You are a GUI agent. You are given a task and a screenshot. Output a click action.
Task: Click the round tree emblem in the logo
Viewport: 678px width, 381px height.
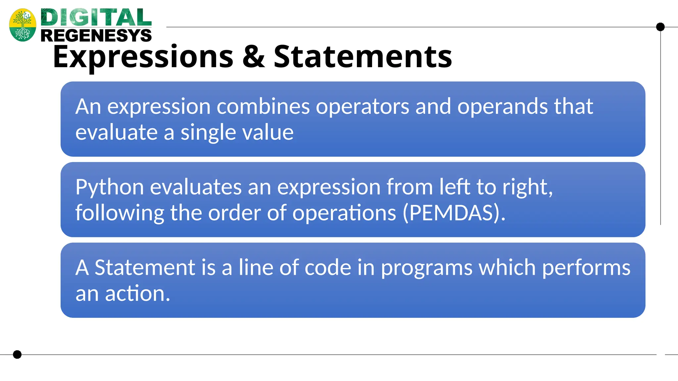point(23,25)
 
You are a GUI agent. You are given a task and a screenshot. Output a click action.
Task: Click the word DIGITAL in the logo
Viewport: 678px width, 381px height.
point(96,18)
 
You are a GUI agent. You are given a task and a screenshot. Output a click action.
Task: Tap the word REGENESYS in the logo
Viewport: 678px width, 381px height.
point(96,35)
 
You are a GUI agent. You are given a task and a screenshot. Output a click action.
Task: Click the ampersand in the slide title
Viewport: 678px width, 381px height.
point(254,57)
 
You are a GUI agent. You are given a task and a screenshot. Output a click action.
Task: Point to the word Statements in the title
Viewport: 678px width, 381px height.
point(363,57)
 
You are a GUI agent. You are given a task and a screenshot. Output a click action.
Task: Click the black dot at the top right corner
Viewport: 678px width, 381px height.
point(660,27)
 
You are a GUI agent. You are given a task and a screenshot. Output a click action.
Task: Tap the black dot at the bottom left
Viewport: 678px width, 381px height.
point(17,355)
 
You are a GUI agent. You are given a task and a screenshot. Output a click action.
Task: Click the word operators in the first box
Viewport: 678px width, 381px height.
point(363,106)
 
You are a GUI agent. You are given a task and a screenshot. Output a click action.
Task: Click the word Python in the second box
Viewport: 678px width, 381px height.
point(110,188)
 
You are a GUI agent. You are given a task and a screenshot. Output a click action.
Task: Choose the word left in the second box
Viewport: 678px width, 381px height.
point(455,187)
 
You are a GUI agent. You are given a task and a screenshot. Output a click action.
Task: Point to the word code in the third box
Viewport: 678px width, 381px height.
point(328,268)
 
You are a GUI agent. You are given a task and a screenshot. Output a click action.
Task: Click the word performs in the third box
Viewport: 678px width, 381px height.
point(586,268)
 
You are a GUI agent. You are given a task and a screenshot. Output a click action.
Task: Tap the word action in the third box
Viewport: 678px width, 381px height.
point(137,293)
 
